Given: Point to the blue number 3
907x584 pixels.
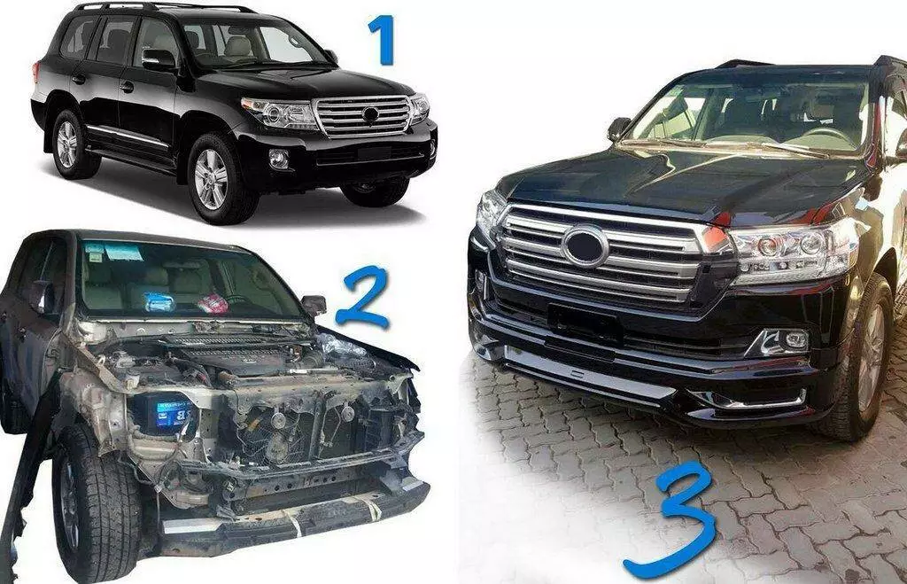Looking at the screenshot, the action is [x=671, y=521].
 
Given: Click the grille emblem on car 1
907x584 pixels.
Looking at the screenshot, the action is [x=370, y=114].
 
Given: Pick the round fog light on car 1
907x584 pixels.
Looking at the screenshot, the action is [x=279, y=159].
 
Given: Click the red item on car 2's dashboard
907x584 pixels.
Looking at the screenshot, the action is [x=213, y=303].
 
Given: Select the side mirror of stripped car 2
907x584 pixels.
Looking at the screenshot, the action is [x=314, y=305].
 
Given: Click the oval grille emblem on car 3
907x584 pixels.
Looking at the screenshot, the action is [x=585, y=246].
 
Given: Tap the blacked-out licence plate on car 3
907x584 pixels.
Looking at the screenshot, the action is [x=585, y=323].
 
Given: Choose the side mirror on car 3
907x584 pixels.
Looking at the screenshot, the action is [x=619, y=128].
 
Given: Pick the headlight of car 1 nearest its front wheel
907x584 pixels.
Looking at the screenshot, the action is [x=281, y=113].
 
